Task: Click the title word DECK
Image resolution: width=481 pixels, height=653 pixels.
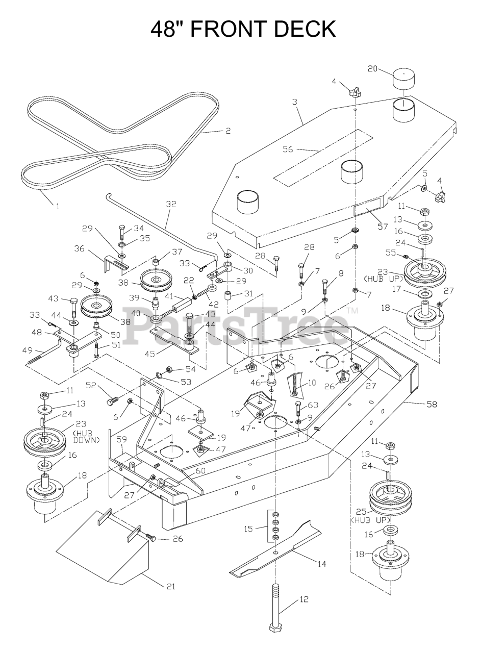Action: [305, 29]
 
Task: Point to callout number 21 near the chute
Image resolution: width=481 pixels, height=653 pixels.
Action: [170, 586]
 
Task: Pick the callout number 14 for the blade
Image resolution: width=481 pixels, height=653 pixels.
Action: [321, 564]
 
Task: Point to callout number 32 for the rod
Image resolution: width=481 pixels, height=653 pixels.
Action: [171, 204]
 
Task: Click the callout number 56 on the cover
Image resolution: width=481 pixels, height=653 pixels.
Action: [288, 149]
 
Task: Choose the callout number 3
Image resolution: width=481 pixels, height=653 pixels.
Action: [294, 102]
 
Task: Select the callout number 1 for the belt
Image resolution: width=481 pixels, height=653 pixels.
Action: [57, 206]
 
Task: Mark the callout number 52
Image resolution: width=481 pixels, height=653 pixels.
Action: [91, 385]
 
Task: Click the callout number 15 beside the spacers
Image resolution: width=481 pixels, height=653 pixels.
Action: [248, 529]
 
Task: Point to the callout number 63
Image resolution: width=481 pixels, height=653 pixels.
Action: [313, 405]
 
